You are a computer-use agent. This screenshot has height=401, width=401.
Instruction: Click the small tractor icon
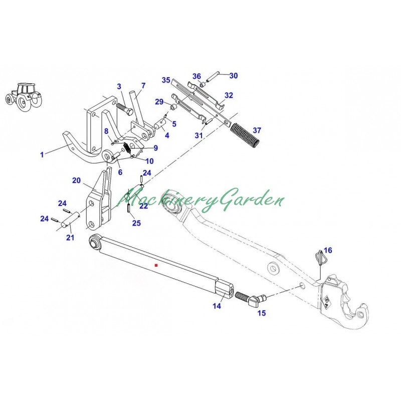tap(22, 96)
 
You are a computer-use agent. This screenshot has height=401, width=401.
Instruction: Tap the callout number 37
tap(257, 130)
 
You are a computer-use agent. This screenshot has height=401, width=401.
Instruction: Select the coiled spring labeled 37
tap(246, 135)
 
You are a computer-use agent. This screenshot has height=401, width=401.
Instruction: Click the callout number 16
tap(327, 250)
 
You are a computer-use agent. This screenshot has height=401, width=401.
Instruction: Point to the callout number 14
tap(217, 306)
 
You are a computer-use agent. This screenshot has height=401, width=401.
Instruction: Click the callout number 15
tap(261, 313)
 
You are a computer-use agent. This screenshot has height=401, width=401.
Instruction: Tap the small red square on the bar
tap(156, 264)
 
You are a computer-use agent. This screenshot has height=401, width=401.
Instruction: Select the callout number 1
tap(42, 155)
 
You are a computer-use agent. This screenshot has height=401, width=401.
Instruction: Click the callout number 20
tap(76, 180)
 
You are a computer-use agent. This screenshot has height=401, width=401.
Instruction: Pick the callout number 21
tap(70, 238)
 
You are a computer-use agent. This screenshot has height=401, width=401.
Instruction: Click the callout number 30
tap(234, 76)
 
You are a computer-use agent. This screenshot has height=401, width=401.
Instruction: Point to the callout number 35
tap(166, 80)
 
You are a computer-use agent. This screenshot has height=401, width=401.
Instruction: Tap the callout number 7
tap(143, 86)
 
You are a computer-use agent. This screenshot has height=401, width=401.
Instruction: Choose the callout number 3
tap(119, 87)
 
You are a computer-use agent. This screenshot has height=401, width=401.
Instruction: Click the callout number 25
tap(136, 223)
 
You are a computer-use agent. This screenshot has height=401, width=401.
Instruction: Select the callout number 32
tap(229, 95)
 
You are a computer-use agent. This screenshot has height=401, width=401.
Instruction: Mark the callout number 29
tap(159, 102)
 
